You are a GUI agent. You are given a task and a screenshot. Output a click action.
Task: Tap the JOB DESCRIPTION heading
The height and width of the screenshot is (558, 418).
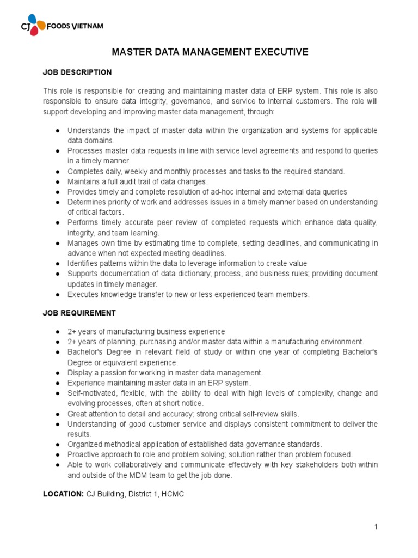click(77, 72)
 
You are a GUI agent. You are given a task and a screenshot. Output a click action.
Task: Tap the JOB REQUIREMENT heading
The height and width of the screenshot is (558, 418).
click(79, 313)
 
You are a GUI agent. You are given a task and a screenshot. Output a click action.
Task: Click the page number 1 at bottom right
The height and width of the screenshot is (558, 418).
click(376, 526)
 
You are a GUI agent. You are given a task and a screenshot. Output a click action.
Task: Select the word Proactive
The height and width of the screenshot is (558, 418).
click(83, 454)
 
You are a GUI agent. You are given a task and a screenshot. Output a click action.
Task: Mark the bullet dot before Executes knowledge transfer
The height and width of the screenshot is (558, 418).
click(58, 295)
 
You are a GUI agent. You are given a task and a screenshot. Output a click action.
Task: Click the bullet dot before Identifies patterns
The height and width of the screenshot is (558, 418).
click(58, 264)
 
